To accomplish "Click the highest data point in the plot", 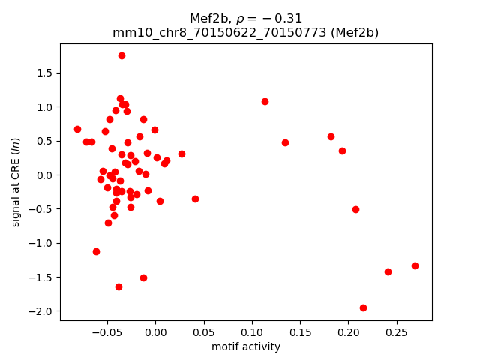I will pyautogui.click(x=121, y=55).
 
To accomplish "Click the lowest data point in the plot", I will pyautogui.click(x=363, y=307).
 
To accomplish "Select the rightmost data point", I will pyautogui.click(x=415, y=265).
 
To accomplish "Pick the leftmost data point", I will pyautogui.click(x=77, y=129).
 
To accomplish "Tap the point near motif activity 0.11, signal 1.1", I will pyautogui.click(x=265, y=101).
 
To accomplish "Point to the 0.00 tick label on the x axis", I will pyautogui.click(x=155, y=331).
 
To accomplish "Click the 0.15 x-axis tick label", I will pyautogui.click(x=300, y=331).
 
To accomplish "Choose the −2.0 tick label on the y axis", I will pyautogui.click(x=42, y=311).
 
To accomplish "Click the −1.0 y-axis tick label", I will pyautogui.click(x=42, y=243).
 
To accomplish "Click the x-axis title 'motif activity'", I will pyautogui.click(x=246, y=346).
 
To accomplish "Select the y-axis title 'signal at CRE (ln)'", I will pyautogui.click(x=15, y=181).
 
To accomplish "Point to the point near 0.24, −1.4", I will pyautogui.click(x=388, y=271).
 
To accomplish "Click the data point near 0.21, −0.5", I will pyautogui.click(x=355, y=209).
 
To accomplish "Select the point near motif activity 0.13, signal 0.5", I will pyautogui.click(x=285, y=142).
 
